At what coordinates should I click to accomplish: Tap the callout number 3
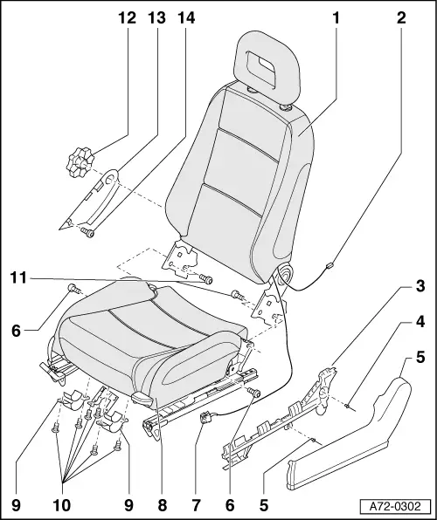click(x=420, y=311)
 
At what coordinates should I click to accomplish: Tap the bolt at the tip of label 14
click(x=87, y=231)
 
